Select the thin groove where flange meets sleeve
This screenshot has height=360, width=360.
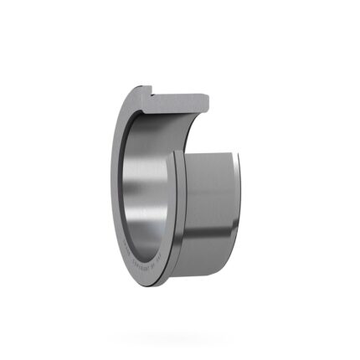pyautogui.click(x=177, y=209)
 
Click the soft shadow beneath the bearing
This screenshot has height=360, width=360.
pyautogui.click(x=180, y=335)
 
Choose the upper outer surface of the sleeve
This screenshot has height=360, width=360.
pyautogui.click(x=209, y=167)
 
